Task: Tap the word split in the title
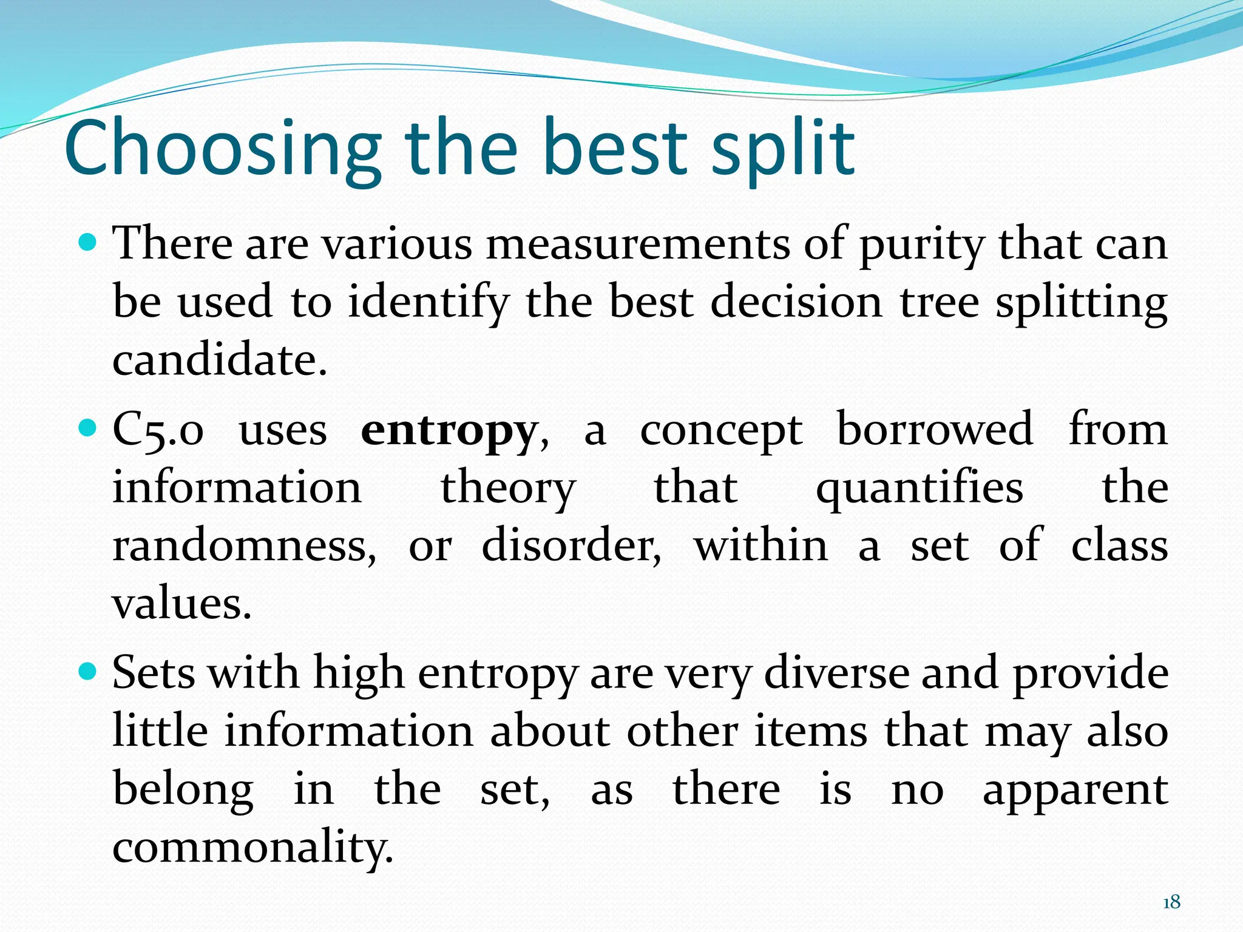click(783, 149)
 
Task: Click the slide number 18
click(1171, 902)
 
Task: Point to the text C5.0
click(158, 432)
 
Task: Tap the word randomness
click(243, 546)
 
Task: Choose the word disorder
click(571, 546)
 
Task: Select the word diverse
click(837, 674)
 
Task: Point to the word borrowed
click(935, 430)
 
